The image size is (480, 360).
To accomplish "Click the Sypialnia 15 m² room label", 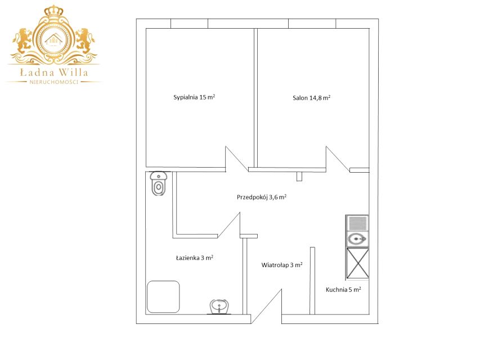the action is tap(194, 97).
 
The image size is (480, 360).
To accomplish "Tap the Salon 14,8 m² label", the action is tap(311, 98).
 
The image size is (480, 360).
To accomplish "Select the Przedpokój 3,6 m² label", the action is tap(262, 197).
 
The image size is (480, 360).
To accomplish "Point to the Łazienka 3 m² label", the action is tap(194, 258).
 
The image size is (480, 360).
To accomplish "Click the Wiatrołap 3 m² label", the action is tap(282, 265).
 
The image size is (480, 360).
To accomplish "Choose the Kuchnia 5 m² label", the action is tap(343, 290).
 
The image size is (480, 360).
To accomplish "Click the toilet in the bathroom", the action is tap(159, 183).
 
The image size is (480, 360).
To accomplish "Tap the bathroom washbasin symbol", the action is tap(219, 307).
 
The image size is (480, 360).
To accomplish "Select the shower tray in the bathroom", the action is tap(163, 296).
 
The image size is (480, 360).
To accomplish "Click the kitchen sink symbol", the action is tap(357, 238).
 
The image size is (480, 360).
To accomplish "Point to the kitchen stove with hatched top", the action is tap(357, 223).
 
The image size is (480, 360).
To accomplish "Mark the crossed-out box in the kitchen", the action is tap(357, 263).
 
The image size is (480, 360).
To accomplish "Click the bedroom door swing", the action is tap(237, 159).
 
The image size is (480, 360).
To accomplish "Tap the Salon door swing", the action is tap(337, 159).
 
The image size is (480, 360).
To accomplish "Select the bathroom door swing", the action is tap(229, 224).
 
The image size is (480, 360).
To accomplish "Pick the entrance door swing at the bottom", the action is tap(266, 306).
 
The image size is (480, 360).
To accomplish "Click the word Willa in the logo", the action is tap(73, 72).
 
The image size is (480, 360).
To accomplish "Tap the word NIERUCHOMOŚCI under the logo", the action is tap(54, 82).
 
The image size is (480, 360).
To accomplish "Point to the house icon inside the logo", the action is tap(53, 39).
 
